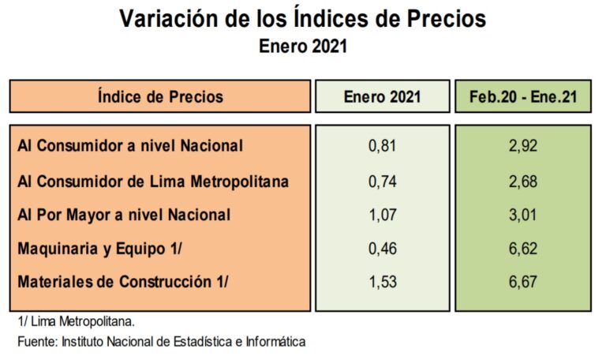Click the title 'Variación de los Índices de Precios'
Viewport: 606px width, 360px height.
[303, 19]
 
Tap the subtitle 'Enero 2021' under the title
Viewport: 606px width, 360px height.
[303, 46]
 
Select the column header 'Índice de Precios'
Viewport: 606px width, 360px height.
[160, 97]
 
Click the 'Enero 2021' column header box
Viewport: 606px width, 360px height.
[382, 97]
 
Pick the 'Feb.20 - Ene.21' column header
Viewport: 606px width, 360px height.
[523, 97]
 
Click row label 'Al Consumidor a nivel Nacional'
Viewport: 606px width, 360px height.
[129, 145]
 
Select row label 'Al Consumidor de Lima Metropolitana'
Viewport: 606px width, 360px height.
[152, 182]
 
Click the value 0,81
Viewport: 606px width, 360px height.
[382, 145]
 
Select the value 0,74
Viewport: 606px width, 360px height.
[382, 182]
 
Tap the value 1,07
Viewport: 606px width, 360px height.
[382, 215]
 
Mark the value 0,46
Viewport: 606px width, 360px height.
[382, 249]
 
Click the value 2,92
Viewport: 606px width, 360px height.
[523, 145]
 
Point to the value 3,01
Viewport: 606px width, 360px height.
[523, 215]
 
